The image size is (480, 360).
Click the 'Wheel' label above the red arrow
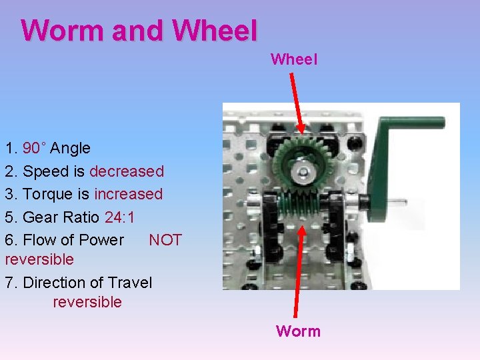pyautogui.click(x=294, y=59)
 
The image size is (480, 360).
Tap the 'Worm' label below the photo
pyautogui.click(x=298, y=331)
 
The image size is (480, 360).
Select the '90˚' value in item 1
pyautogui.click(x=34, y=148)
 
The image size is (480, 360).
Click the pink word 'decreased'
pyautogui.click(x=127, y=171)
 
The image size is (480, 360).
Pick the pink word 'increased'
pyautogui.click(x=129, y=194)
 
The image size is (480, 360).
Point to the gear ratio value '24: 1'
pyautogui.click(x=120, y=217)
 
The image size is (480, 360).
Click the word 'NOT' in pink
pyautogui.click(x=165, y=240)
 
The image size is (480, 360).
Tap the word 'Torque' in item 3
pyautogui.click(x=45, y=194)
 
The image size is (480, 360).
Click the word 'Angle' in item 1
pyautogui.click(x=70, y=148)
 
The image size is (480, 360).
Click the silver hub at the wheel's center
pyautogui.click(x=304, y=173)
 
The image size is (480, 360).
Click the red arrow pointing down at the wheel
pyautogui.click(x=295, y=100)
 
